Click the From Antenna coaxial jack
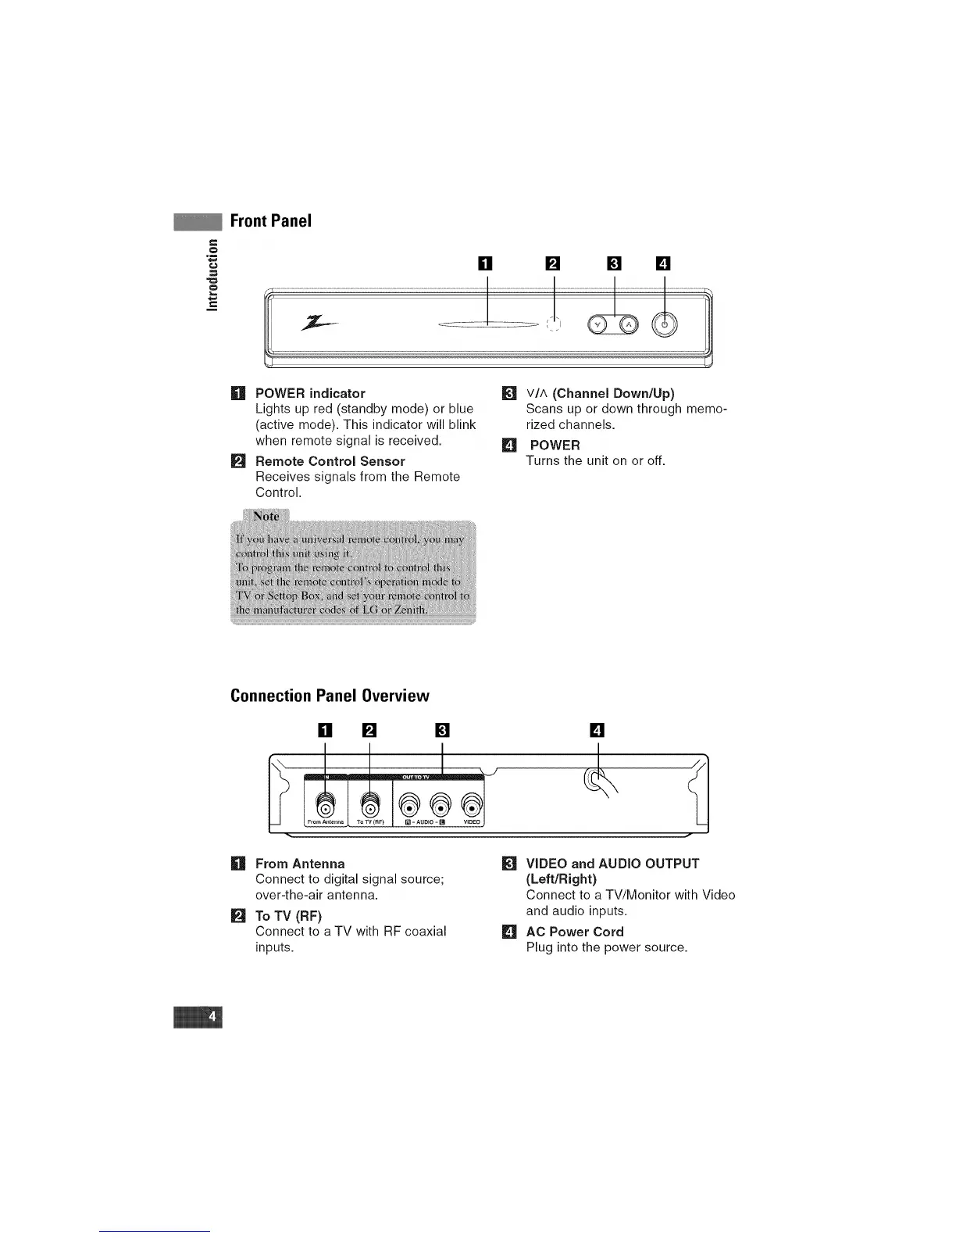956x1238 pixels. (x=326, y=804)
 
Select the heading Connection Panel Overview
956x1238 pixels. (x=330, y=696)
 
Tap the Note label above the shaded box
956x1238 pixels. (x=266, y=517)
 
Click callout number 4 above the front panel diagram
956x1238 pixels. (x=663, y=263)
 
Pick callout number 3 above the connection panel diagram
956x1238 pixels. (x=442, y=732)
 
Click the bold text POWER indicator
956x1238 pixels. (x=310, y=393)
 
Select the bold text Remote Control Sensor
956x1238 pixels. (x=330, y=461)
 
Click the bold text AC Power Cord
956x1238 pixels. (x=575, y=932)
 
